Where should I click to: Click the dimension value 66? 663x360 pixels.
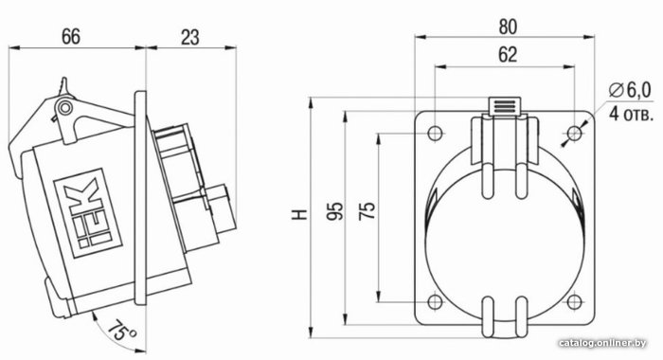[x=71, y=36]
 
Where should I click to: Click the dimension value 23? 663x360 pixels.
[x=189, y=37]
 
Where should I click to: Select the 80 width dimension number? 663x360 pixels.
[x=508, y=27]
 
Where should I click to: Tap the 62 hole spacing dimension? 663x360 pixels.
[x=508, y=55]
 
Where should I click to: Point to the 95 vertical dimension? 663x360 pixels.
[x=335, y=210]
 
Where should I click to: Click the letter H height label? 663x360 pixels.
[x=299, y=214]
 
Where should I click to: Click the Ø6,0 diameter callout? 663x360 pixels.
[x=630, y=90]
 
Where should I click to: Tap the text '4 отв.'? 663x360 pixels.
[x=631, y=114]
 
